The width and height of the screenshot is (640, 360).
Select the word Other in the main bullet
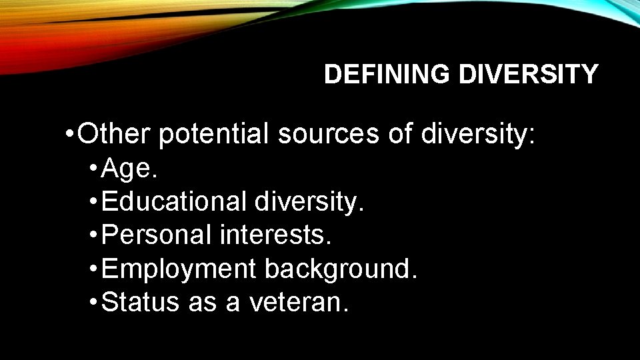tap(116, 135)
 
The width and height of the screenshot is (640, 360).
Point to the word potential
tap(215, 135)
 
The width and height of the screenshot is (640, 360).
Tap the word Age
tap(130, 170)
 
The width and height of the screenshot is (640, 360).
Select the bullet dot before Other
tap(70, 135)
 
